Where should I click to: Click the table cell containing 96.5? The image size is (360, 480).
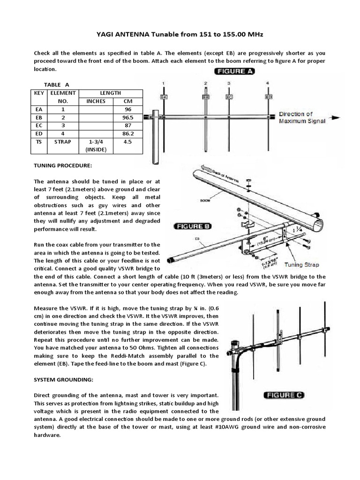tap(128, 118)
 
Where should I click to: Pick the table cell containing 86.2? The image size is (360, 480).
tap(128, 134)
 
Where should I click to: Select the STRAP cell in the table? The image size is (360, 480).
tap(63, 142)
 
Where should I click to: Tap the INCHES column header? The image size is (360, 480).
tap(96, 101)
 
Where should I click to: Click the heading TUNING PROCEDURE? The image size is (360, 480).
tap(59, 166)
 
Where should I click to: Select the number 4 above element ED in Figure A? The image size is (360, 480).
tap(268, 83)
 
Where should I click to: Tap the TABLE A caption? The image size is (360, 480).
tap(56, 85)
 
